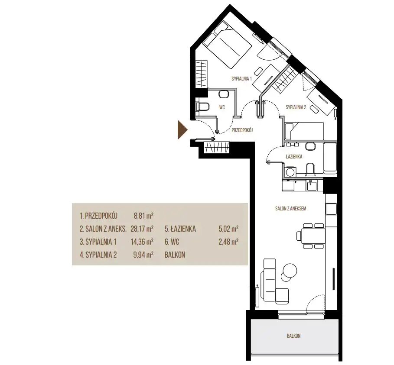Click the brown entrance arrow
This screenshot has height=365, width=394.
pyautogui.click(x=182, y=130)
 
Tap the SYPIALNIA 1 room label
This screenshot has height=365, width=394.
pyautogui.click(x=242, y=78)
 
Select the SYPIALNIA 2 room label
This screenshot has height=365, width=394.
pyautogui.click(x=296, y=107)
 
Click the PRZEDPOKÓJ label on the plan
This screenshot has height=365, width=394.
pyautogui.click(x=242, y=130)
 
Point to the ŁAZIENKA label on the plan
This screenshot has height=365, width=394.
pyautogui.click(x=294, y=157)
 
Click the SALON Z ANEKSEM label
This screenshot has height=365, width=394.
pyautogui.click(x=291, y=208)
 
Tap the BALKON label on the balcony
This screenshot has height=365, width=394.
pyautogui.click(x=294, y=336)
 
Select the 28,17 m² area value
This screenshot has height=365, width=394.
pyautogui.click(x=142, y=229)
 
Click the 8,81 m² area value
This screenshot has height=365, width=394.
pyautogui.click(x=144, y=216)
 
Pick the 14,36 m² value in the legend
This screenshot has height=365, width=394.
pyautogui.click(x=142, y=242)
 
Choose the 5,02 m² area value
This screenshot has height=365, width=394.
pyautogui.click(x=228, y=229)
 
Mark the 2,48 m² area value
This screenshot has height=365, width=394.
pyautogui.click(x=228, y=242)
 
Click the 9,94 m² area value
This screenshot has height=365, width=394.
pyautogui.click(x=143, y=255)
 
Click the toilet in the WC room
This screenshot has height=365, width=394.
pyautogui.click(x=202, y=107)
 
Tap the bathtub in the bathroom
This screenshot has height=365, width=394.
pyautogui.click(x=330, y=158)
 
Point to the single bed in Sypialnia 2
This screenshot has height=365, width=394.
pyautogui.click(x=304, y=131)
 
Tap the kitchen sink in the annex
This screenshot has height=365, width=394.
pyautogui.click(x=311, y=185)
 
